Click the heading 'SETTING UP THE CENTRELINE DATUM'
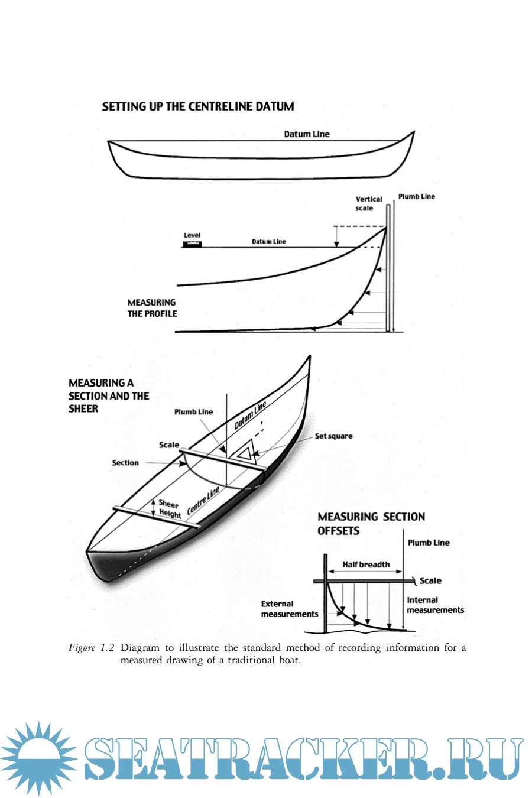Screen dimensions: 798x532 click(x=197, y=106)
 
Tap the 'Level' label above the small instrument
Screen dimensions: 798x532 click(x=192, y=235)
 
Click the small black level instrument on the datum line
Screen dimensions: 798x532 click(x=192, y=244)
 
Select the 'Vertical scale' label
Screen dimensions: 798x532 click(x=368, y=204)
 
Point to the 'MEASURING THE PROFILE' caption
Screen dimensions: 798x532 click(x=152, y=308)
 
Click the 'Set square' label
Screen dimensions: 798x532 click(x=333, y=436)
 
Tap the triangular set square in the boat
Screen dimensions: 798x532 click(x=244, y=452)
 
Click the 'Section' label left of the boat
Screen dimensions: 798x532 click(x=125, y=463)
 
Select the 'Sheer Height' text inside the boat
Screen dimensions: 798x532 click(x=169, y=509)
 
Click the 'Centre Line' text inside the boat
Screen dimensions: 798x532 click(x=203, y=501)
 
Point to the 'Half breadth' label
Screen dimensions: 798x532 click(x=366, y=565)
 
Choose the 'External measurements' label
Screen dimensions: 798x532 click(x=289, y=609)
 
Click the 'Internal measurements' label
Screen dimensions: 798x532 click(x=435, y=605)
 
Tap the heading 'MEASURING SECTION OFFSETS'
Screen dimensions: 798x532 click(x=371, y=524)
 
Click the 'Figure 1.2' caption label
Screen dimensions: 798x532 click(x=92, y=648)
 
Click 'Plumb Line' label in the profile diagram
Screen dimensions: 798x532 click(x=416, y=197)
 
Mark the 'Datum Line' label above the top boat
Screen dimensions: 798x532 click(x=307, y=134)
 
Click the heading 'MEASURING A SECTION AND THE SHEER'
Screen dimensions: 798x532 click(x=108, y=395)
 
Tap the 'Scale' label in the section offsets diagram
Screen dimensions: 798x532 click(x=430, y=581)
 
